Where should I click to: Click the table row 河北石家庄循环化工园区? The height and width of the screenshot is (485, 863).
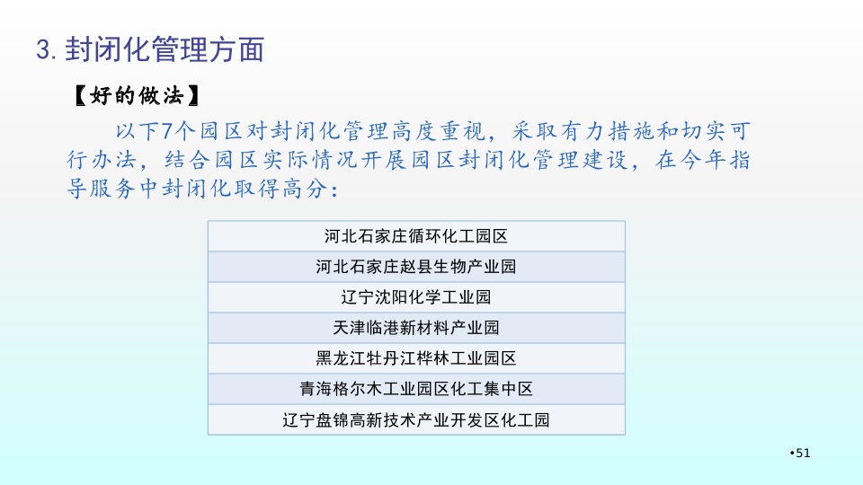pos(416,236)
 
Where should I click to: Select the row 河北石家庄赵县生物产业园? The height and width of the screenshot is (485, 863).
pos(416,268)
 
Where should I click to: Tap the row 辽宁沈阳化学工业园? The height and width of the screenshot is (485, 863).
pos(416,297)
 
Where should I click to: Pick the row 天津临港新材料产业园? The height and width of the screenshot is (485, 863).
pos(416,329)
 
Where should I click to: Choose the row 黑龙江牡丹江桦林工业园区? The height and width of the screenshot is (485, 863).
pos(416,358)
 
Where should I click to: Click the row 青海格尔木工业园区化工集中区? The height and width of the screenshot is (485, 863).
pos(416,389)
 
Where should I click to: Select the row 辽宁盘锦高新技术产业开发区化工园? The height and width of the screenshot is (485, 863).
pos(416,420)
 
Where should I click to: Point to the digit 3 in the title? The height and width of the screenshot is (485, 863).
pos(43,49)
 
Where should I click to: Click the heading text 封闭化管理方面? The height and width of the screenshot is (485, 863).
pos(165,49)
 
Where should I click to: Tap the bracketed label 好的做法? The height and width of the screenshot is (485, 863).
pos(137,96)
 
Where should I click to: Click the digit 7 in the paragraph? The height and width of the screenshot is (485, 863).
pos(167,131)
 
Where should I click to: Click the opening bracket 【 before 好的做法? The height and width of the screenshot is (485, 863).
pos(80,96)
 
